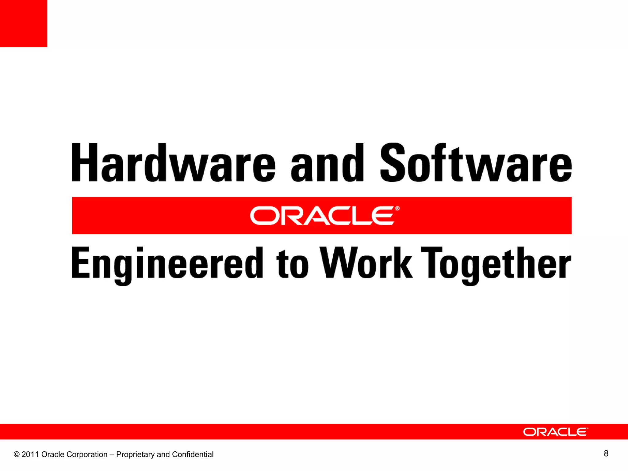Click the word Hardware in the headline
(173, 163)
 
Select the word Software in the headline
(476, 163)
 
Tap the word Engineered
(167, 264)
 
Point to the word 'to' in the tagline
(292, 264)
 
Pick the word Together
(496, 264)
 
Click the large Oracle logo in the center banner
(322, 216)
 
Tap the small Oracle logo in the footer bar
(555, 432)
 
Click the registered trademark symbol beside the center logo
(397, 209)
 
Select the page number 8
(606, 454)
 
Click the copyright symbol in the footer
(17, 454)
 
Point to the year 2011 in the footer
(30, 454)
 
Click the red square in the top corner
(23, 23)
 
